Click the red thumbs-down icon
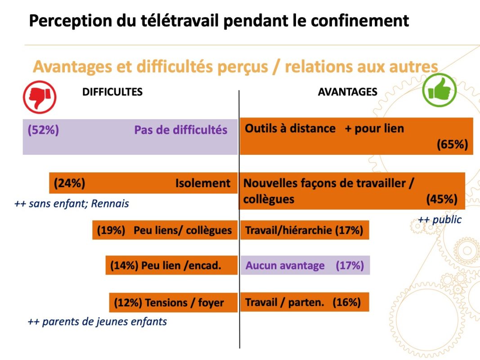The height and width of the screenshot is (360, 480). point(40,97)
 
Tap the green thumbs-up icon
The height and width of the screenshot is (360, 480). point(439,90)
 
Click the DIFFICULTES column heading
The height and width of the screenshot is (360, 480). point(112,92)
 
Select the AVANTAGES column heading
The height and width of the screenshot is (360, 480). point(347,92)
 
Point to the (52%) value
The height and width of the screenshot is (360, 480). point(43,130)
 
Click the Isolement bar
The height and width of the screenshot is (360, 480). point(143,183)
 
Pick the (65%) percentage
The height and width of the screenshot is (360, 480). point(452,144)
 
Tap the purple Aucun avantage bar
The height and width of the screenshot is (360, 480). point(305,265)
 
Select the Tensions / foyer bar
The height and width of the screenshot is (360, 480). point(173,302)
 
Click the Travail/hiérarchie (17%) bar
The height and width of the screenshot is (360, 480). point(304,230)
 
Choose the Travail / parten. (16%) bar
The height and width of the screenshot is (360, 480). point(304,302)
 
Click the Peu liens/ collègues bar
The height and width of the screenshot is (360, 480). point(165,230)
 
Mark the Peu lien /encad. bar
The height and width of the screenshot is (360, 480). point(171,265)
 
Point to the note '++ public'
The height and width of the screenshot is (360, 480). point(440,220)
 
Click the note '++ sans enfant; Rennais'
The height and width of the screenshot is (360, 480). point(72,204)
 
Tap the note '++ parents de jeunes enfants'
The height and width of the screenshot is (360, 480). point(97,322)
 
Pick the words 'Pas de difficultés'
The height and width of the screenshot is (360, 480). point(180,130)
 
